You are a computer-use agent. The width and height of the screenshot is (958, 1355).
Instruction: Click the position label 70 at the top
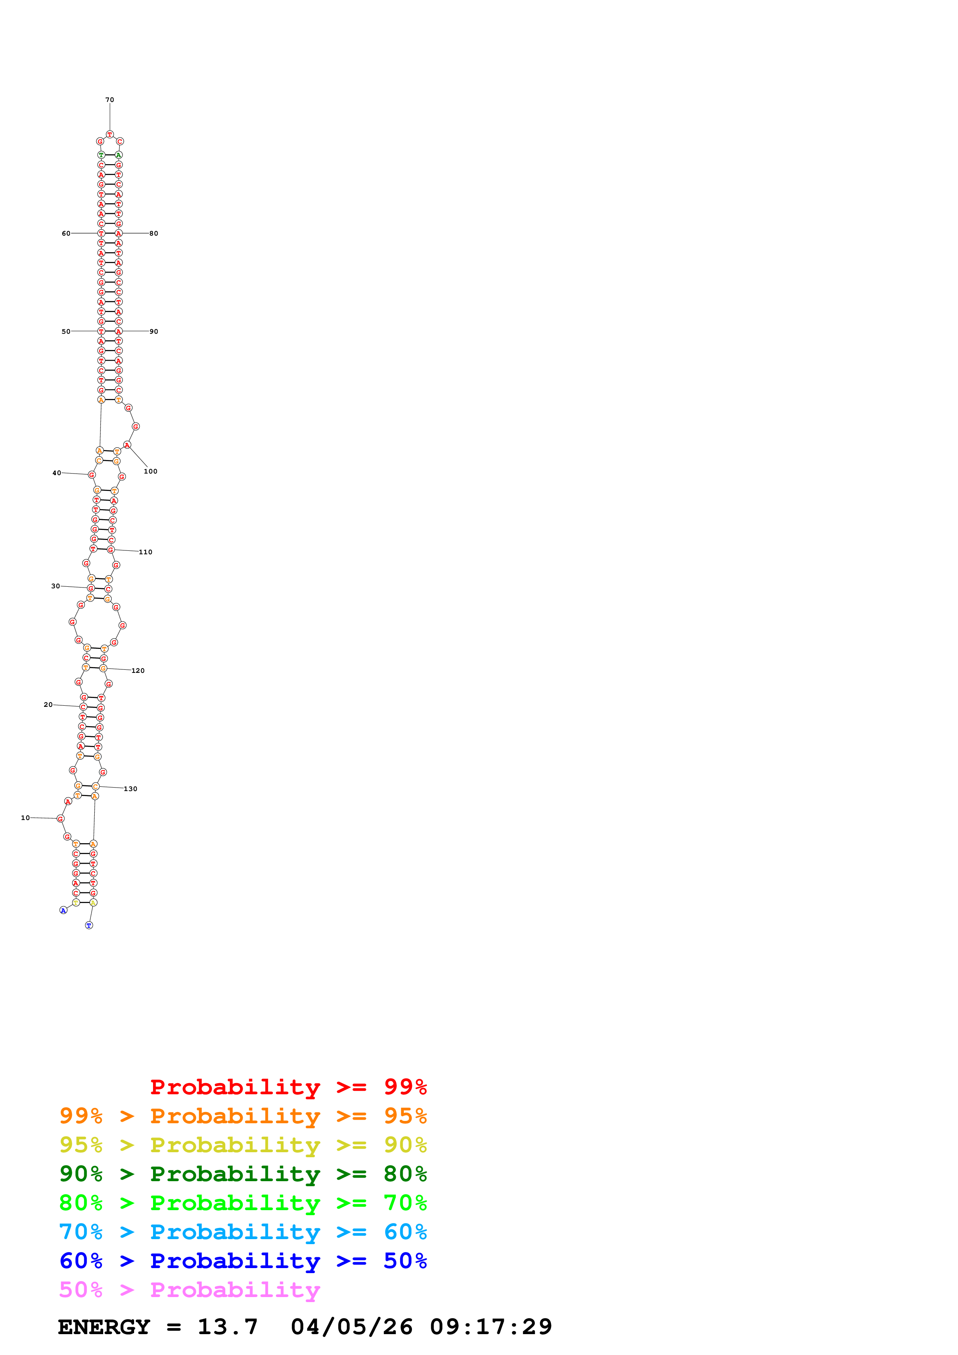point(110,100)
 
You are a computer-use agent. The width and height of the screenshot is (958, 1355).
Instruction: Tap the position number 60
point(66,234)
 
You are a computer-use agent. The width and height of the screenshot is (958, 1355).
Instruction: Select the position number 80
point(153,234)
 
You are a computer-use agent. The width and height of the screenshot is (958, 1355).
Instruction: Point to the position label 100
point(150,472)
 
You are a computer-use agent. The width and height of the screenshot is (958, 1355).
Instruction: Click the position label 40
point(57,473)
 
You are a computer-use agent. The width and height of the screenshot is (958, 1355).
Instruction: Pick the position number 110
point(145,552)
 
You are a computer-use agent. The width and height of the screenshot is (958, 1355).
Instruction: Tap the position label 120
point(138,671)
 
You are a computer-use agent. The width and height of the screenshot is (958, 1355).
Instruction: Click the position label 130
point(131,789)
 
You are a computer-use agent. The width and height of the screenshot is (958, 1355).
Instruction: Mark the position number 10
point(26,818)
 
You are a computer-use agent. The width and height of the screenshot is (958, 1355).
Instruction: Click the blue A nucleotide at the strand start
point(63,911)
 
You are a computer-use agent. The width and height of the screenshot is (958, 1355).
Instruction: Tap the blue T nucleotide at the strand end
point(89,925)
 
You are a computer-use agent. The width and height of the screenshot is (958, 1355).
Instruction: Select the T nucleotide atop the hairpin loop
point(110,134)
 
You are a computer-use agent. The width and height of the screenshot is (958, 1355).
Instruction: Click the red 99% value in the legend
point(405,1087)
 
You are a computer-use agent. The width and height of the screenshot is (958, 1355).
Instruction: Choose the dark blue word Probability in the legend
point(235,1261)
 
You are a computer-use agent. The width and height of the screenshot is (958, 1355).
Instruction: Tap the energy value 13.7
point(228,1327)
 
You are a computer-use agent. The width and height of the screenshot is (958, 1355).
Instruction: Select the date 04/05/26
point(352,1327)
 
